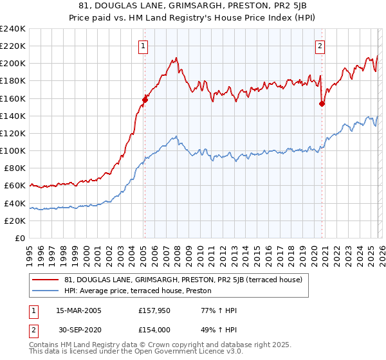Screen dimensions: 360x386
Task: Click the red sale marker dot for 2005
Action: tap(145, 99)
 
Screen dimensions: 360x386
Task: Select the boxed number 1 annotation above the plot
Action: tap(142, 46)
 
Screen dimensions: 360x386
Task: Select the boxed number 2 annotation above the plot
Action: tap(320, 46)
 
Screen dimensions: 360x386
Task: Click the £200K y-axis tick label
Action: tap(13, 63)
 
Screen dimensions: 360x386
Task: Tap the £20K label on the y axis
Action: tap(15, 221)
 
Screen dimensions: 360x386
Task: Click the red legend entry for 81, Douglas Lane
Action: tap(187, 280)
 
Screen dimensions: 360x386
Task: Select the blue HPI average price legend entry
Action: tap(142, 291)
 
